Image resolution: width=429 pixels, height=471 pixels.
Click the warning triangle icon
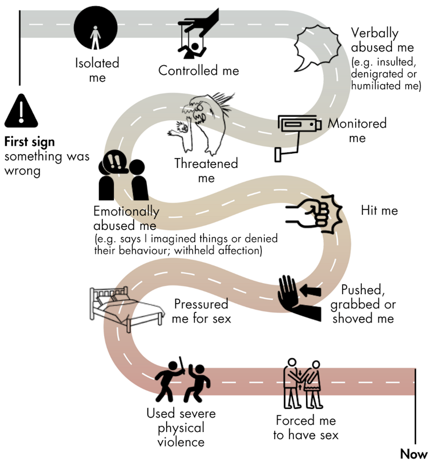tap(21, 111)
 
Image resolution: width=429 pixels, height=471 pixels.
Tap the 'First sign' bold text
tap(30, 142)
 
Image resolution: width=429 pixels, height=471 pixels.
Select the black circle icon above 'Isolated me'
tap(96, 27)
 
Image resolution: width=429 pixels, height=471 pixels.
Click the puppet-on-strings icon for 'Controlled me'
tap(196, 34)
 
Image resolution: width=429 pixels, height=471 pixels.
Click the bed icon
tap(119, 308)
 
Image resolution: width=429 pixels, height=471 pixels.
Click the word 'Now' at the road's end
tap(413, 454)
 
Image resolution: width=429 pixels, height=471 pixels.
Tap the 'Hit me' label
tap(379, 210)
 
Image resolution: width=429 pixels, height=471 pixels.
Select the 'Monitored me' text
tap(357, 130)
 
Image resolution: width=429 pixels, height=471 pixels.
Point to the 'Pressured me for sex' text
tap(201, 311)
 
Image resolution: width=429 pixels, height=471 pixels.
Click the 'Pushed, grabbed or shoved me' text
tap(363, 304)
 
